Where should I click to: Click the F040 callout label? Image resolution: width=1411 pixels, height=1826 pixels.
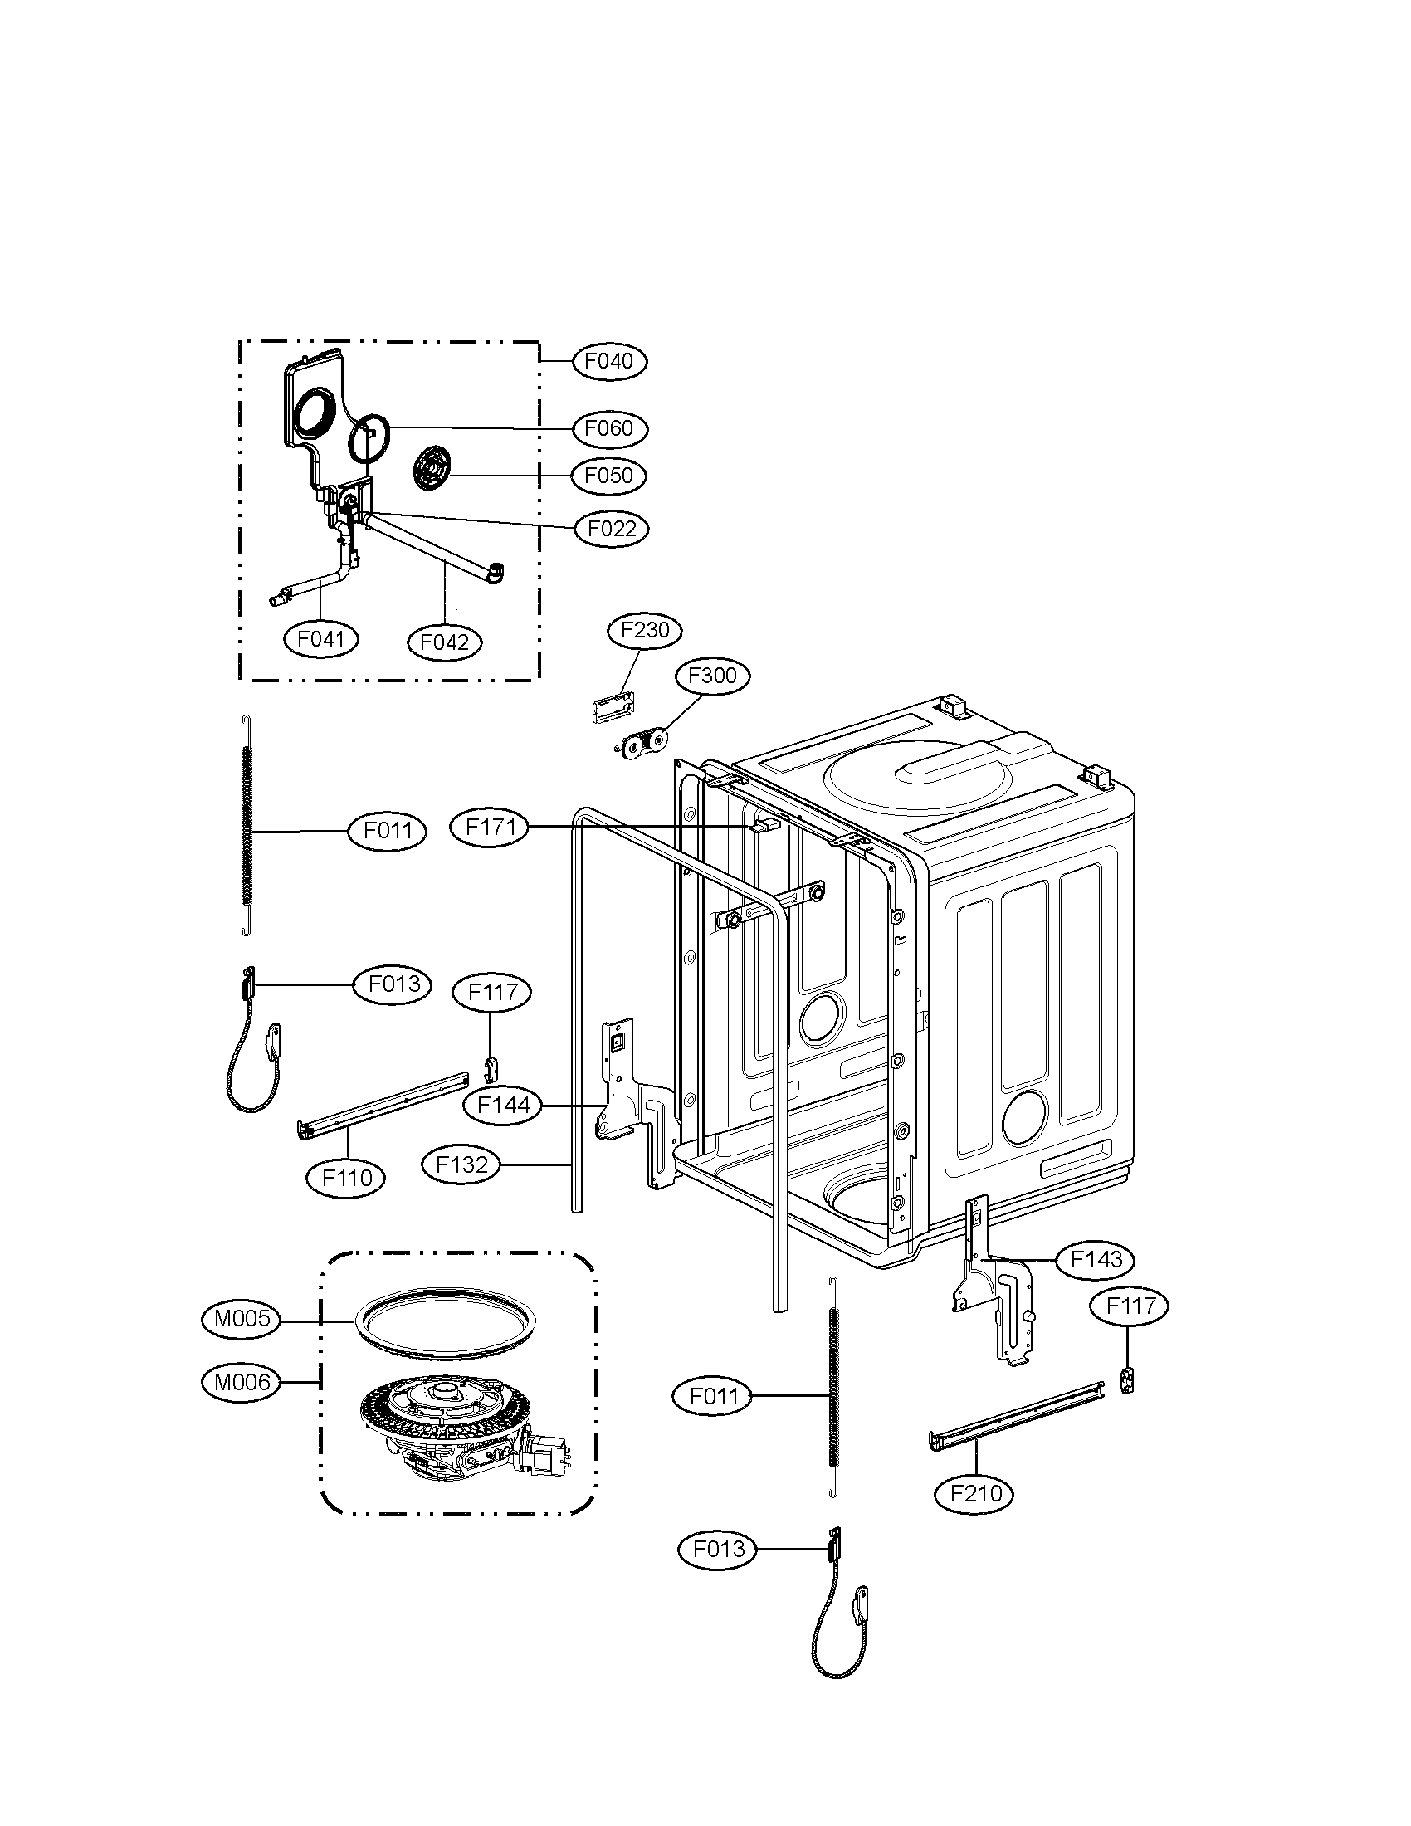click(609, 361)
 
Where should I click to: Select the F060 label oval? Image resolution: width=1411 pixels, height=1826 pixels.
click(609, 428)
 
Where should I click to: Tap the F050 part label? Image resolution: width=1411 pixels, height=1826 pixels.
click(609, 476)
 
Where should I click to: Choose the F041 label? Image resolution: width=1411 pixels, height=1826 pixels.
click(321, 640)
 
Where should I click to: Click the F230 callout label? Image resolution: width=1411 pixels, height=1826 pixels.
click(645, 630)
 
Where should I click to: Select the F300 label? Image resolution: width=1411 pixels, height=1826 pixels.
click(712, 675)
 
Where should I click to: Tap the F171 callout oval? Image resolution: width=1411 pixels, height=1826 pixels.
click(489, 828)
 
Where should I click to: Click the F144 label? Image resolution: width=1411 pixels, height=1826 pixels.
click(503, 1106)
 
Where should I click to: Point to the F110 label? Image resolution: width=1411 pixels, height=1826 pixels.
click(347, 1178)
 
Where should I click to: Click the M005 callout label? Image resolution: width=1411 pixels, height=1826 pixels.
click(242, 1320)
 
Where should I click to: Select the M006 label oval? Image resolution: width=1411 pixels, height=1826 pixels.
click(242, 1383)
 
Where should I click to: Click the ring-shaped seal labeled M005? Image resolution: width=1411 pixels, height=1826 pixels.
click(445, 1325)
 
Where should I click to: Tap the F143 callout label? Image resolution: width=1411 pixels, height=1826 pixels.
click(1096, 1259)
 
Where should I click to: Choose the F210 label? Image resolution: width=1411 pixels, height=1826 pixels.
click(976, 1493)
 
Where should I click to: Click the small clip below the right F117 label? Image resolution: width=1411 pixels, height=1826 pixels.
click(1129, 1380)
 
